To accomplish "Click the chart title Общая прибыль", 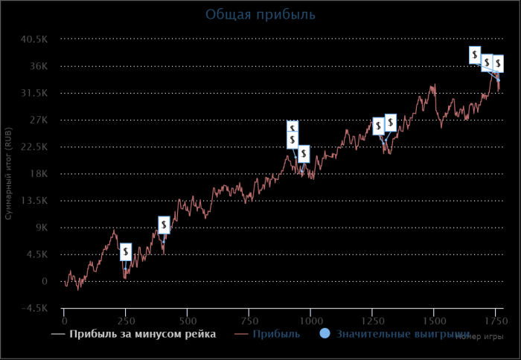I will pos(260,14).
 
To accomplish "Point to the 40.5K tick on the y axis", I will pos(34,39).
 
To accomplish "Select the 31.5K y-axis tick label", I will pos(34,93).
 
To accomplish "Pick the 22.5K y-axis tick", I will pos(34,147).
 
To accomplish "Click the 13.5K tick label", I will pos(34,201).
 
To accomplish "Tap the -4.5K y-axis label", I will pos(35,308).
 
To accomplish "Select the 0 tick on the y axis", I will pos(45,281).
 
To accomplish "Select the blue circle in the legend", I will pos(325,334).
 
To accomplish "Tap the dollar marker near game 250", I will pos(127,252).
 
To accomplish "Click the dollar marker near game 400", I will pos(164,225).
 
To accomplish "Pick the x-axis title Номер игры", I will pos(476,336).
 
